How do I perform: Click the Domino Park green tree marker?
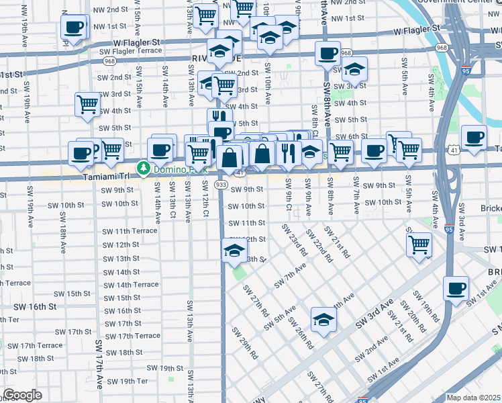pos(143,167)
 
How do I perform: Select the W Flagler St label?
pos(416,30)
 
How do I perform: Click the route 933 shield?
pos(221,184)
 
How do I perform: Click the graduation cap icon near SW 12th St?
pos(234,252)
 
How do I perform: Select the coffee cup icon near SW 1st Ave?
pos(456,289)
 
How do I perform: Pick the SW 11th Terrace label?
pos(130,230)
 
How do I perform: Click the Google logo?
pos(22,395)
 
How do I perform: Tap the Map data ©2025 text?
pos(473,398)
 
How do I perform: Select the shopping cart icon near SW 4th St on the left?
pos(88,105)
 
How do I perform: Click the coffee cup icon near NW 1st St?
pos(74,28)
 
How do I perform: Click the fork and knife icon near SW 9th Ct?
pos(289,152)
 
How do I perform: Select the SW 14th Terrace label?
pos(131,284)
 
